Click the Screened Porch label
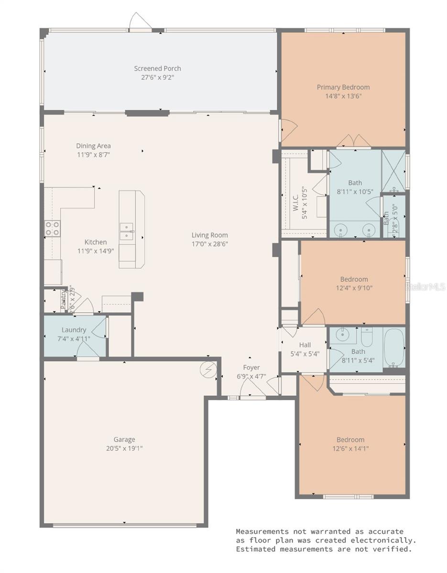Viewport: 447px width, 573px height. click(x=157, y=68)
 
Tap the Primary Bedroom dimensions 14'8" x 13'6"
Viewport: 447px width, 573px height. click(x=343, y=96)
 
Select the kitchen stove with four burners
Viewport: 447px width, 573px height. click(x=53, y=228)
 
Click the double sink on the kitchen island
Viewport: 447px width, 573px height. click(x=128, y=232)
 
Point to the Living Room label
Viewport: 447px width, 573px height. click(x=209, y=235)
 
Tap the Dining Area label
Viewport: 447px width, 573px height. click(x=93, y=146)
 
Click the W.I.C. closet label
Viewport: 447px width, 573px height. click(x=295, y=202)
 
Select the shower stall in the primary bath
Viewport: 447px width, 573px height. click(x=393, y=170)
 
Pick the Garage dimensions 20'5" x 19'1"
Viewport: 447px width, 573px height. click(x=124, y=448)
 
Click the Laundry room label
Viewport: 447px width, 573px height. click(x=74, y=330)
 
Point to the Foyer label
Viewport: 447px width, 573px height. click(x=251, y=367)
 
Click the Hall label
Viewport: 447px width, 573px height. click(x=305, y=345)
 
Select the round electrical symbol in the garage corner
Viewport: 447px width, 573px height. click(x=209, y=369)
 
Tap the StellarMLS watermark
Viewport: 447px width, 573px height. click(x=425, y=286)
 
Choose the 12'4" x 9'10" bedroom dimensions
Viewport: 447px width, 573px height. click(x=354, y=288)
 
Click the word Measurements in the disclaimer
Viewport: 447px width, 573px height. click(x=262, y=531)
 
